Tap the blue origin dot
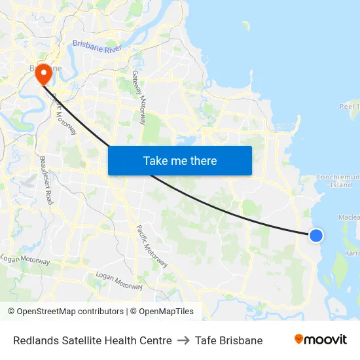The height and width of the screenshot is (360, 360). click(x=315, y=235)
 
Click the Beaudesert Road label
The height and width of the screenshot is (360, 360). click(x=46, y=181)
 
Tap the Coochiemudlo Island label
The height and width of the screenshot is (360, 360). click(x=339, y=181)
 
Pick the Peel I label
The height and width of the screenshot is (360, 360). click(x=350, y=106)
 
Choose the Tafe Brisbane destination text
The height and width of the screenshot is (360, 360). click(x=228, y=340)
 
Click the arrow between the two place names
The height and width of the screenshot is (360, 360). click(x=183, y=340)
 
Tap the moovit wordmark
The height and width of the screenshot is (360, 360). click(x=325, y=340)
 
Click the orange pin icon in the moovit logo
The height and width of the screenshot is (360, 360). click(x=299, y=339)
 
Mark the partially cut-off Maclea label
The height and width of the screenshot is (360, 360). click(x=349, y=217)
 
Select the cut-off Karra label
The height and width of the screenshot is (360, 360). click(x=351, y=252)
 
